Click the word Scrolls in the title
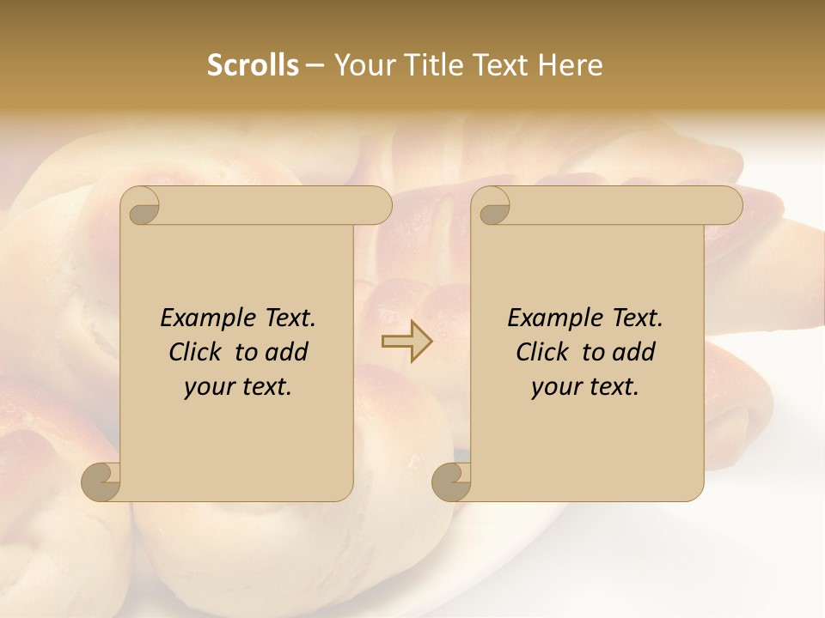[x=253, y=65]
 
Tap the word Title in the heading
[x=429, y=65]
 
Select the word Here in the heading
[x=570, y=65]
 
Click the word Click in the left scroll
[x=198, y=352]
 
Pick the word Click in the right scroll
[x=545, y=352]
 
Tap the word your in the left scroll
[x=206, y=387]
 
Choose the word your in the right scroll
[x=553, y=387]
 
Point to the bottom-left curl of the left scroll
[x=101, y=482]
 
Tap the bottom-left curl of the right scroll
[x=451, y=482]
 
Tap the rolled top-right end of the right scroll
[x=726, y=206]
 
